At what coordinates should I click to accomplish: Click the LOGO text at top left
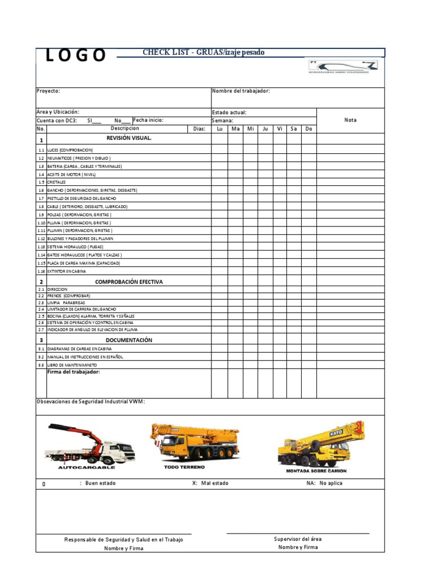point(76,55)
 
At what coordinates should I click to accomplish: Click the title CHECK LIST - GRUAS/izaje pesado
point(204,52)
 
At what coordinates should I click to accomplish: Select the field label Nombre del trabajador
point(241,91)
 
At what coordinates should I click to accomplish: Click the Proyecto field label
point(48,91)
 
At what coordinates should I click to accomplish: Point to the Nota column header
point(350,120)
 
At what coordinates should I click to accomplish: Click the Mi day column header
point(251,129)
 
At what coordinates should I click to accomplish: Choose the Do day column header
point(308,129)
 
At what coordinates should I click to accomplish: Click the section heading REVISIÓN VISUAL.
point(129,138)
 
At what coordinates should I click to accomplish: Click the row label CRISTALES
point(56,183)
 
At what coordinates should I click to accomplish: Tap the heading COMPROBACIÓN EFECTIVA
point(129,282)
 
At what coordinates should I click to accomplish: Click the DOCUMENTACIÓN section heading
point(129,340)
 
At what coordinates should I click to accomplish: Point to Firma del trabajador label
point(73,372)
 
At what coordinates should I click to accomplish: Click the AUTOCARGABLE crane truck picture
point(90,443)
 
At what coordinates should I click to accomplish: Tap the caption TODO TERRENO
point(184,467)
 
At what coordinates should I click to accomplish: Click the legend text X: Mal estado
point(210,483)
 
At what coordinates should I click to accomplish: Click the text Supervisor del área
point(298,539)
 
